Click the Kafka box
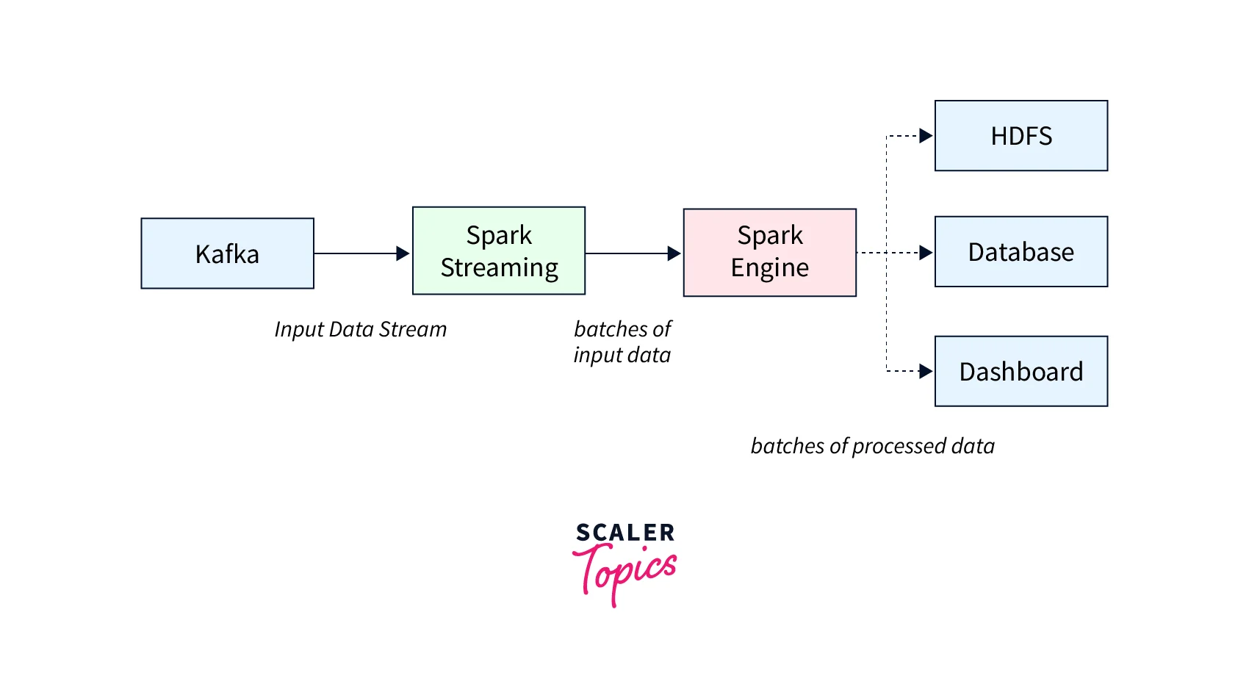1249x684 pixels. [x=227, y=253]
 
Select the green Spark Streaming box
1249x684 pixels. [x=499, y=251]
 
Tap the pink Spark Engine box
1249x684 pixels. [x=769, y=252]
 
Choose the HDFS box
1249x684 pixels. [x=1021, y=136]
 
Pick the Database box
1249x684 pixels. [x=1021, y=251]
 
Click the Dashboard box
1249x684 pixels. [x=1021, y=371]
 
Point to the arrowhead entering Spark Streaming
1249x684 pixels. [x=403, y=253]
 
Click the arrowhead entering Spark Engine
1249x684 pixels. [x=674, y=253]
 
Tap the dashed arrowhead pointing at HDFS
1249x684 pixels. [x=926, y=136]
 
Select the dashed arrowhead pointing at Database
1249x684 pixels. [x=926, y=253]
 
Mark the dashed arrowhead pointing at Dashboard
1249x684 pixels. [x=926, y=372]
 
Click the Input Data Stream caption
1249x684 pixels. [x=360, y=329]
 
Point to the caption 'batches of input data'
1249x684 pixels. [x=622, y=342]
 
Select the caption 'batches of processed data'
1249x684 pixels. [x=872, y=446]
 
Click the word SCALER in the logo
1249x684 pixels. [x=624, y=533]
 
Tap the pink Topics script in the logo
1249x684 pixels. [x=626, y=573]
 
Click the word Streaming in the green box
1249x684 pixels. [x=499, y=268]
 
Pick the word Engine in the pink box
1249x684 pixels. [x=769, y=268]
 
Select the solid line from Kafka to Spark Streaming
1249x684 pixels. [x=356, y=253]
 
